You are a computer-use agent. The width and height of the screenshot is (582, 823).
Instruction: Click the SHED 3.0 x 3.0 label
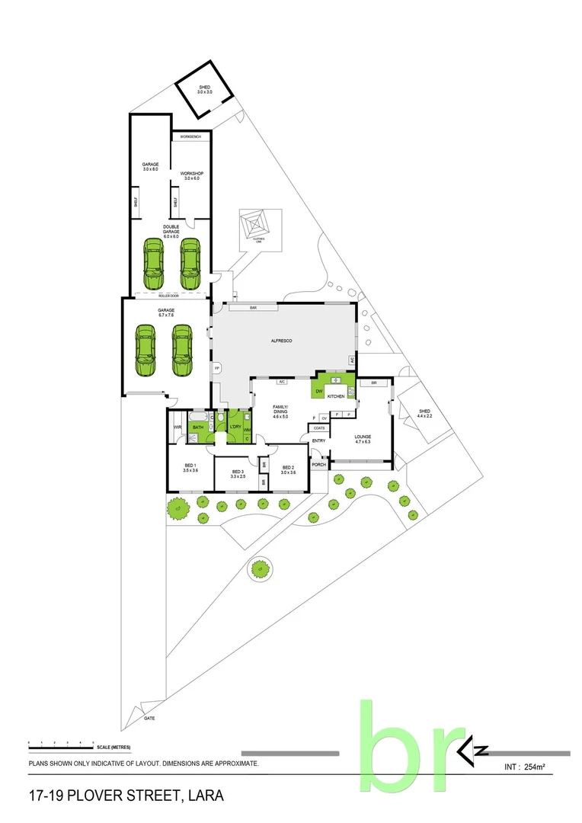(205, 90)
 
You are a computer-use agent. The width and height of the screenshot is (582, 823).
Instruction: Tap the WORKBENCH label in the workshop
(190, 137)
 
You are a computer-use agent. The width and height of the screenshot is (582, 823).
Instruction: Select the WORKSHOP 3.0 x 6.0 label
(190, 176)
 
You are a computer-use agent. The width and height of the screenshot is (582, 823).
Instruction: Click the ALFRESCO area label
(283, 342)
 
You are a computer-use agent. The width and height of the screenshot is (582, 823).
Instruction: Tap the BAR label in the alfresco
(254, 308)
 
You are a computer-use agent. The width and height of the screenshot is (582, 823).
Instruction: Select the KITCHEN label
(337, 397)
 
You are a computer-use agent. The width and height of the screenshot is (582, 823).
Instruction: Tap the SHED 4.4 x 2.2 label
(424, 414)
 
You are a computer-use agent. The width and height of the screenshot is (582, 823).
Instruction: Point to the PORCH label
(318, 464)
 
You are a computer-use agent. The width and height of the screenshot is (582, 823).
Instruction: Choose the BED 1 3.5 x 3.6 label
(190, 468)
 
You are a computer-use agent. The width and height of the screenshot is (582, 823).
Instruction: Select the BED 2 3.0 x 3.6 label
(288, 470)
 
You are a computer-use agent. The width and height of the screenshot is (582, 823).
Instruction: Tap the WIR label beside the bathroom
(177, 428)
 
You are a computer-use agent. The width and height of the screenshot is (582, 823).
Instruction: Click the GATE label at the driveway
(149, 718)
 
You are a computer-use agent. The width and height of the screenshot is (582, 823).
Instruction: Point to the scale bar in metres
(61, 742)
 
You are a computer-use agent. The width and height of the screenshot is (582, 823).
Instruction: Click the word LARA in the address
(205, 796)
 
